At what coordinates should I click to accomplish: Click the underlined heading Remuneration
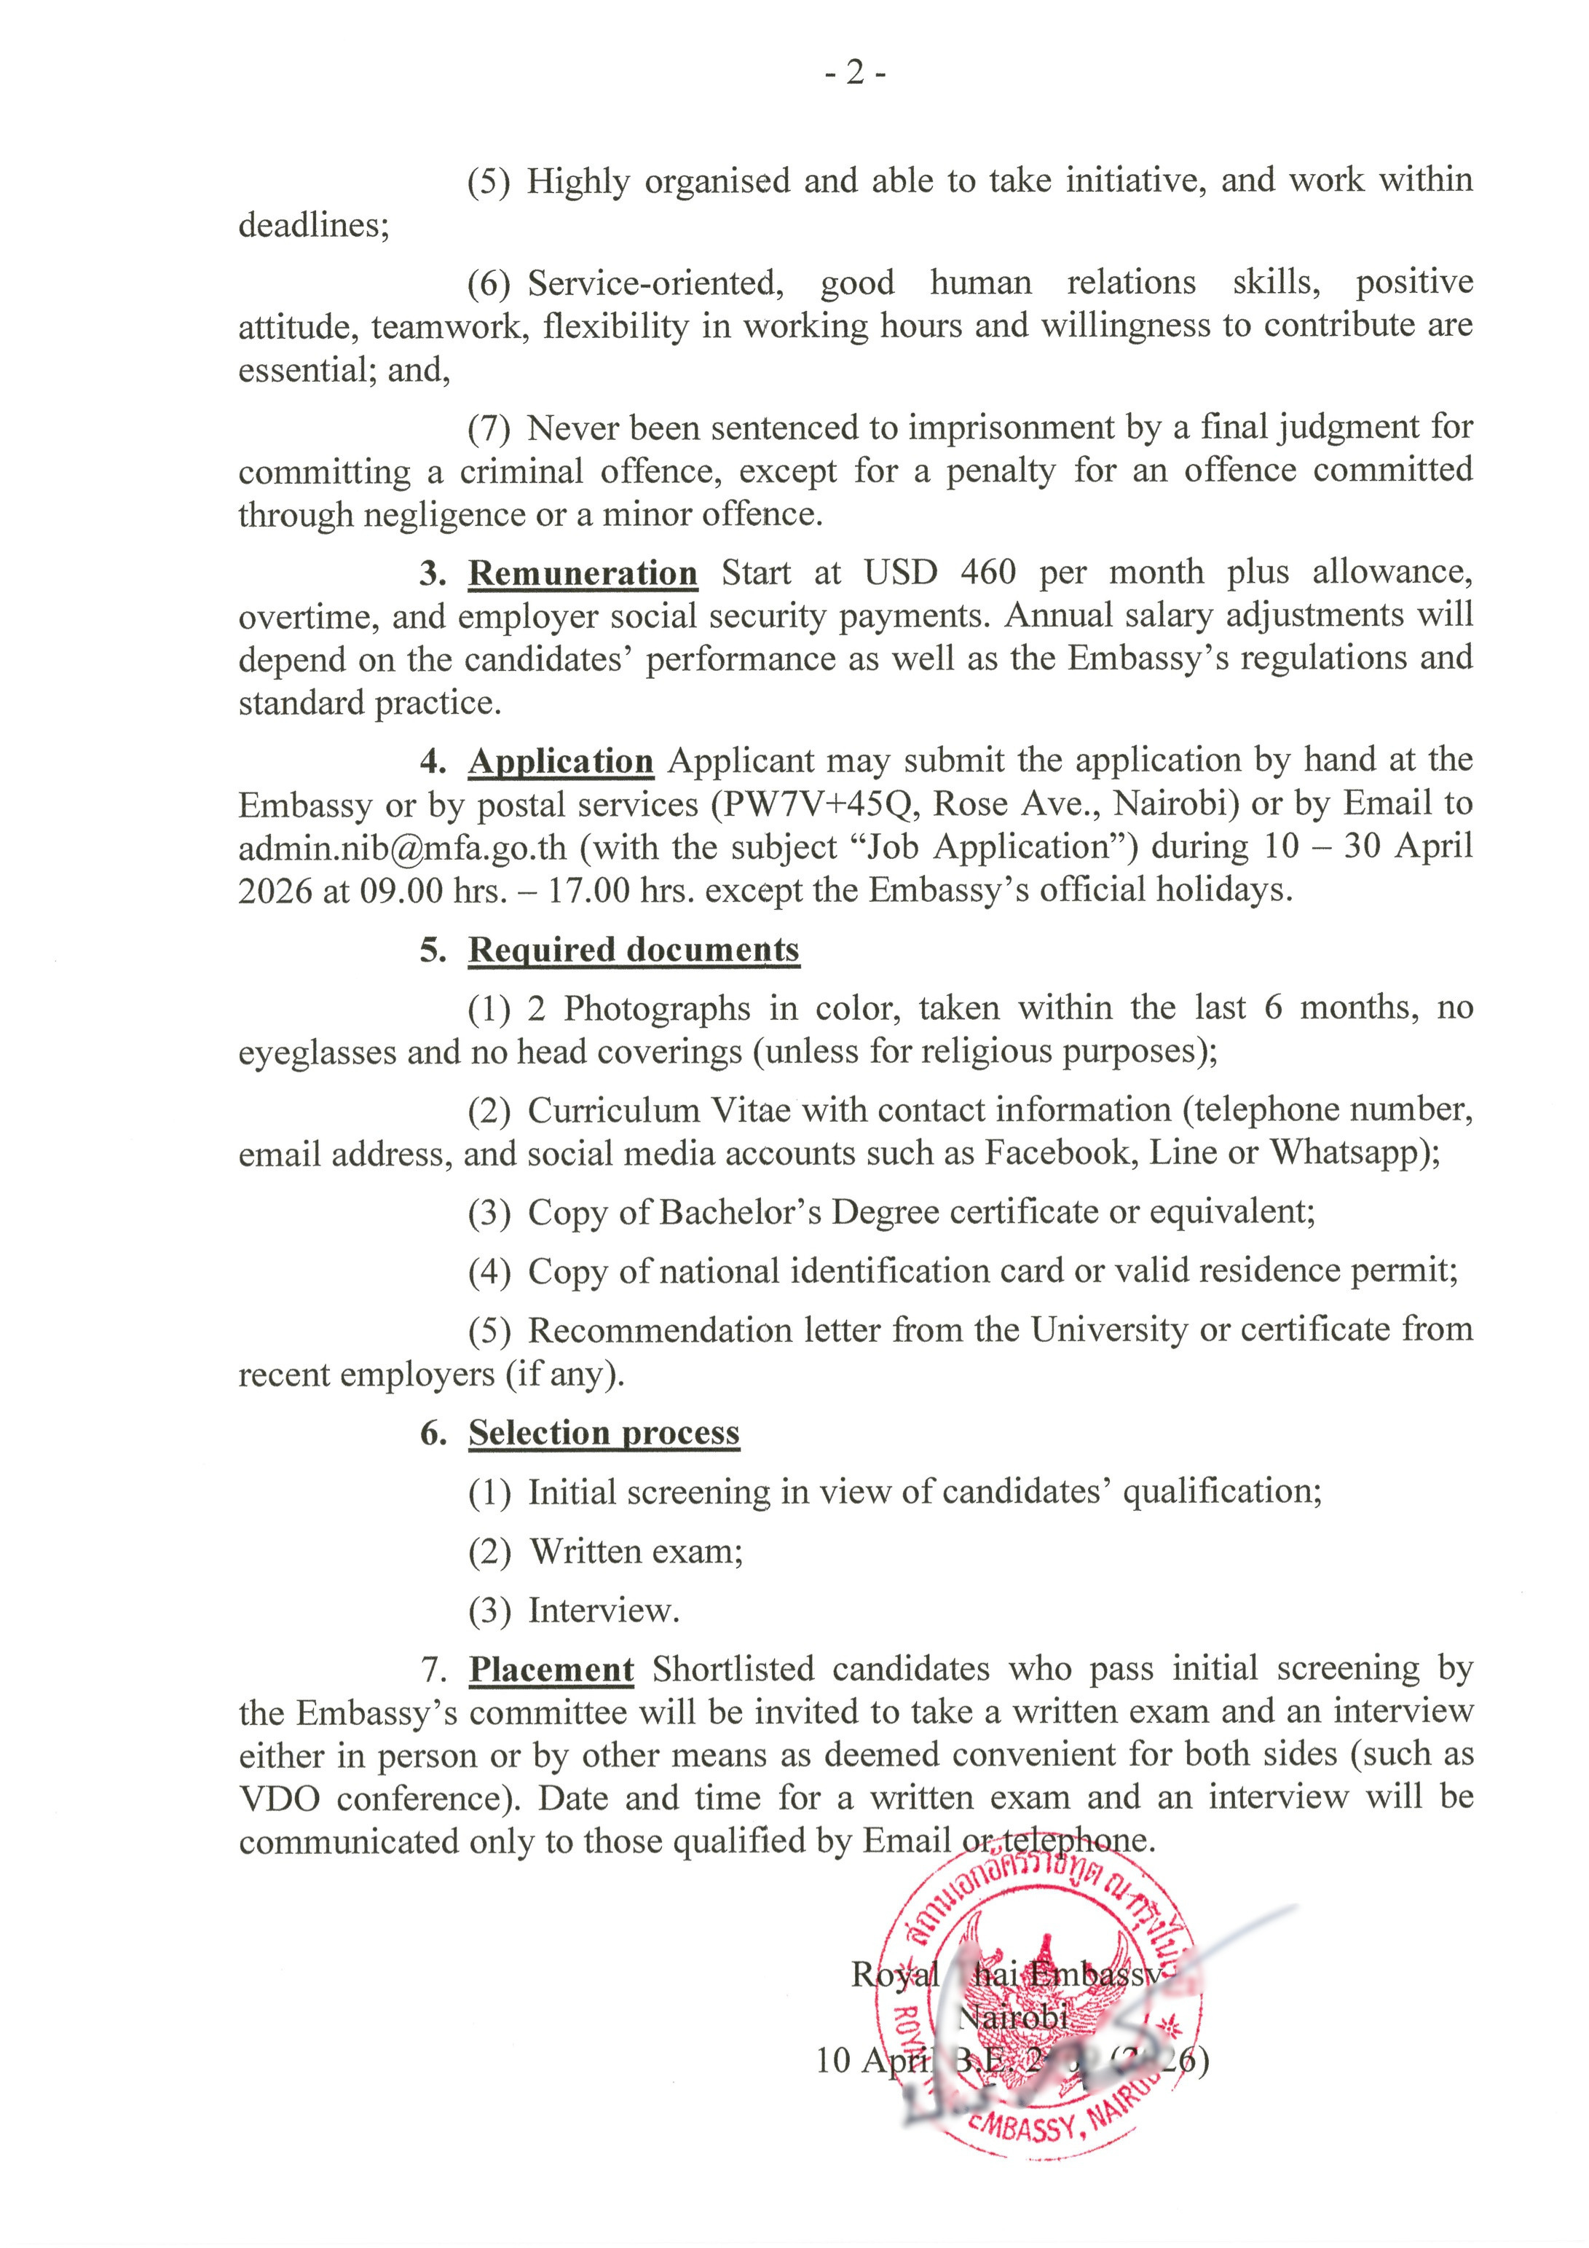point(583,573)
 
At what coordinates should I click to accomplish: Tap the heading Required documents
point(634,950)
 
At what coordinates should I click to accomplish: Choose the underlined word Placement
point(551,1670)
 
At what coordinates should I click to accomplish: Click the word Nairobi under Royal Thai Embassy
point(1012,2017)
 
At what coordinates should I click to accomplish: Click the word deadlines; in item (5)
point(313,225)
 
